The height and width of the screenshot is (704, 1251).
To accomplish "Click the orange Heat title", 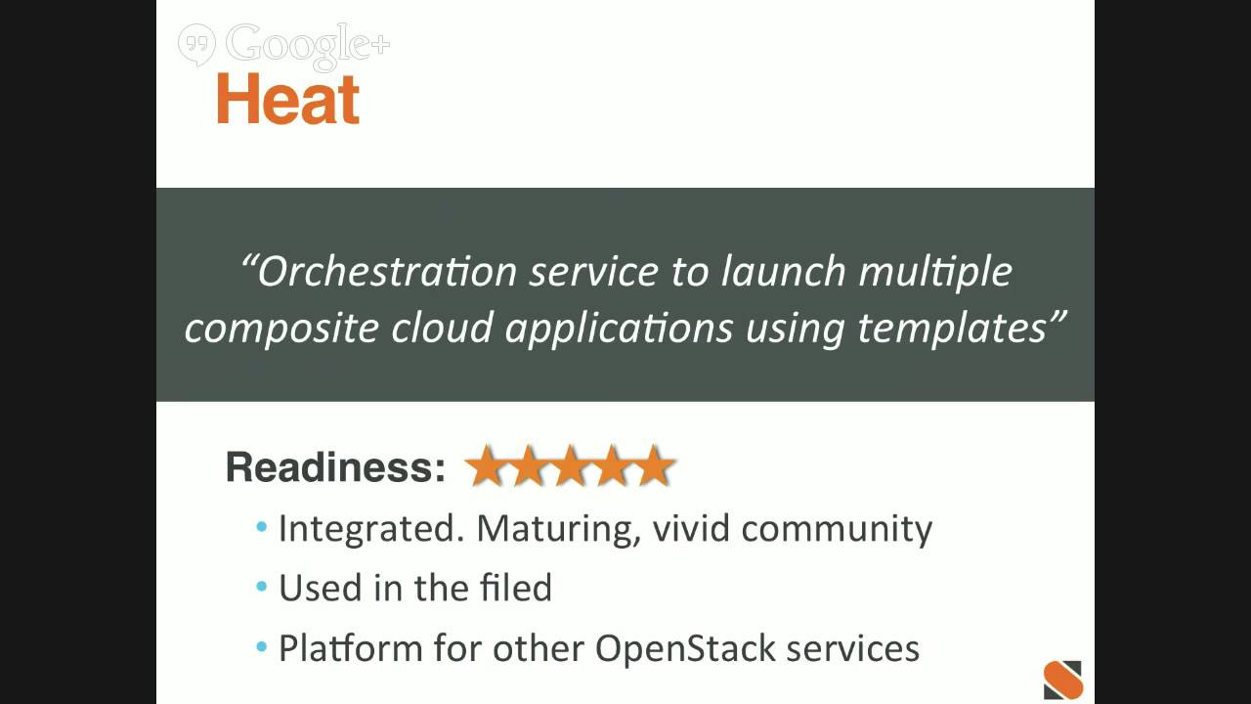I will (288, 100).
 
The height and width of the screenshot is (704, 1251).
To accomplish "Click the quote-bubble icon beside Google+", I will (196, 44).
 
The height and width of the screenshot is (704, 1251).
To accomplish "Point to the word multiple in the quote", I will (934, 272).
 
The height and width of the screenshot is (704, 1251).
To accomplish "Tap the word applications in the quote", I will (619, 329).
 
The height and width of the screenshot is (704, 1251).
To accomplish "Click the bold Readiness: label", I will (335, 467).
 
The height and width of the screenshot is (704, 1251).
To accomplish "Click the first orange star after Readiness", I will (486, 466).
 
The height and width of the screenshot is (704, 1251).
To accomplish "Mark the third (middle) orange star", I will (570, 466).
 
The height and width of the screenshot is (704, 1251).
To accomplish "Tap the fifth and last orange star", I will (654, 466).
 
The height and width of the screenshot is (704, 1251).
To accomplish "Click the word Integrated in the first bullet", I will (371, 529).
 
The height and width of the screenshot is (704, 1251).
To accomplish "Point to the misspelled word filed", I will (516, 588).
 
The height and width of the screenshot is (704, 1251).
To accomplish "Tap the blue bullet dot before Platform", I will (261, 648).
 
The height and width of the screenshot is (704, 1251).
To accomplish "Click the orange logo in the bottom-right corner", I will (1063, 680).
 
